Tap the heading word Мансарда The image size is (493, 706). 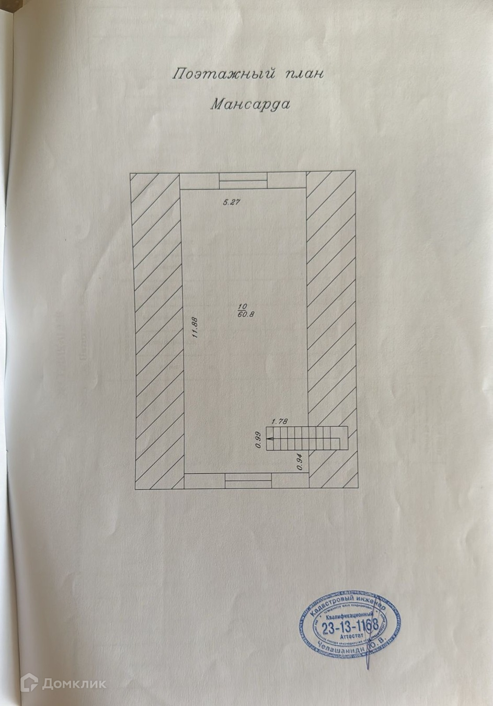tap(250, 104)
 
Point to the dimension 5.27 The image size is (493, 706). tap(231, 203)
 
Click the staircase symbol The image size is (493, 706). tap(306, 438)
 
